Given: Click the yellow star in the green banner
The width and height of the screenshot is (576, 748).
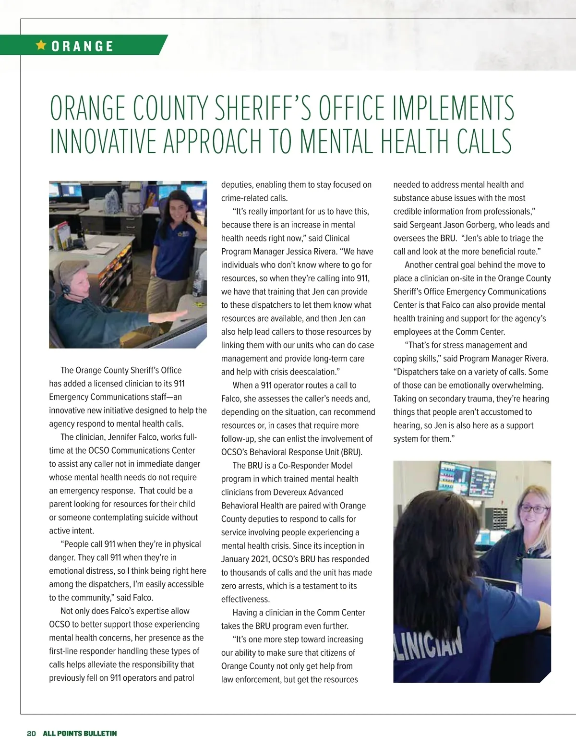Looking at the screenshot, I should tap(41, 45).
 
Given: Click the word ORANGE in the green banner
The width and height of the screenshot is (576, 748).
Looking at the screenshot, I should tap(83, 46).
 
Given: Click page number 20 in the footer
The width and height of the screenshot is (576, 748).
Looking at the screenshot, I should tap(31, 733).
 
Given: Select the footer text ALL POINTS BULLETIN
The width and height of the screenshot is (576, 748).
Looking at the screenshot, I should tap(80, 733).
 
